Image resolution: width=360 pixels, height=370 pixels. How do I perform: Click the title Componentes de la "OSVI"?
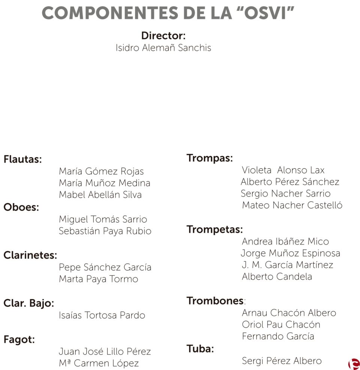click(x=168, y=13)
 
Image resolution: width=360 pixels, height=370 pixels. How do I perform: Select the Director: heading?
click(x=163, y=36)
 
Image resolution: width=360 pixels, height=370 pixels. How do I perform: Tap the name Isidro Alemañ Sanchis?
click(x=163, y=48)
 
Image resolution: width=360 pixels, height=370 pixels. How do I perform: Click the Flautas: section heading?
click(x=22, y=159)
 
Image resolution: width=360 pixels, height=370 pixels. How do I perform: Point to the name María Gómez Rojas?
click(x=101, y=172)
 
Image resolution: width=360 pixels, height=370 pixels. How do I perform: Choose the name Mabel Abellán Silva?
click(x=100, y=195)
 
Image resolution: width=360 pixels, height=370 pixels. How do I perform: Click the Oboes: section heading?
click(x=21, y=207)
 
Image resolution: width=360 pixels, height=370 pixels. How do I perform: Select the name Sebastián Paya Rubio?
click(x=105, y=231)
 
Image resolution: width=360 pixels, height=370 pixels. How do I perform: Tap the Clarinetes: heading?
click(x=30, y=255)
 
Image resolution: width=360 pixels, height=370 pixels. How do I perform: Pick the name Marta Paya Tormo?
click(x=98, y=279)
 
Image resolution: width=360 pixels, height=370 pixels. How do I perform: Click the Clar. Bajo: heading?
click(x=29, y=303)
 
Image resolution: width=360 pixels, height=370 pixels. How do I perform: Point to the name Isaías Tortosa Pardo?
click(x=102, y=315)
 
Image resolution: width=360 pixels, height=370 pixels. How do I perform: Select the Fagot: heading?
click(x=19, y=340)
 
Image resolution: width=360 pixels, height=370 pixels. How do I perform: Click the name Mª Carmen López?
click(x=99, y=363)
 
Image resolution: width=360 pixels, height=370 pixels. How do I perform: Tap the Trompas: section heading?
click(x=210, y=158)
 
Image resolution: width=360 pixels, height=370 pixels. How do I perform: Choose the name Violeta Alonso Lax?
click(x=283, y=170)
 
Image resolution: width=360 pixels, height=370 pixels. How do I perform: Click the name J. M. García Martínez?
click(x=287, y=265)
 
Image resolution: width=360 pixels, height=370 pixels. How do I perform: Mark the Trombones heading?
click(x=215, y=301)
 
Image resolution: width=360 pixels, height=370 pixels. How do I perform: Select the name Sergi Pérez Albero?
click(x=282, y=361)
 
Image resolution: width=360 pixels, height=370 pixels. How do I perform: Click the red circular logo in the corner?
click(x=353, y=363)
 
